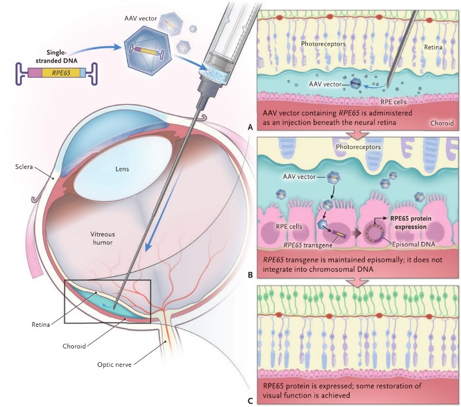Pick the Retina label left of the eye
coord(41,324)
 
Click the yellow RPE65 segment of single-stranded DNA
coord(57,72)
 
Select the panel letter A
coord(250,128)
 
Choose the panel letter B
coord(250,275)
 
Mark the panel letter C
coord(250,400)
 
